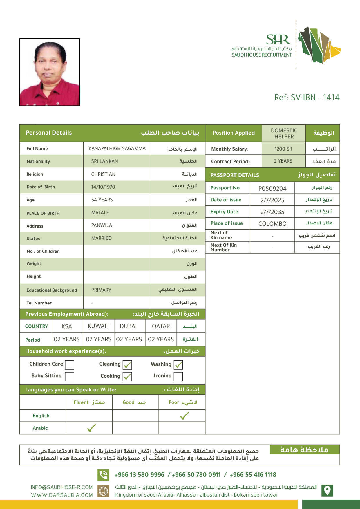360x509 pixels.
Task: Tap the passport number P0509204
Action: point(272,189)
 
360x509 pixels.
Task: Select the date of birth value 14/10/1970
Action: point(103,187)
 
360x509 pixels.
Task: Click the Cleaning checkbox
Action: point(127,365)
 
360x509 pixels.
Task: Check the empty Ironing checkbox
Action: point(178,376)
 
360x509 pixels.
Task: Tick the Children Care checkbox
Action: point(70,365)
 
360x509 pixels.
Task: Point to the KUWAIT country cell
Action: point(99,326)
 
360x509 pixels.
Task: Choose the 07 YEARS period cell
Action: point(99,339)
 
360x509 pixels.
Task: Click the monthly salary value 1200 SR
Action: point(283,149)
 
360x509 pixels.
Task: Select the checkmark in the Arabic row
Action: point(91,428)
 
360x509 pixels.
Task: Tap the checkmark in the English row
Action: point(184,416)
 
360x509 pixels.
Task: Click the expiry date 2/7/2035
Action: point(272,212)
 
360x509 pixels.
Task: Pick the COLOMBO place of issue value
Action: point(272,224)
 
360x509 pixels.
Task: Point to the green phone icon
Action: point(103,475)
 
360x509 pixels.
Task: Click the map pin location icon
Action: point(327,490)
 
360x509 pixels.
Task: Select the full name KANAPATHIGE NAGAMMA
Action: point(117,149)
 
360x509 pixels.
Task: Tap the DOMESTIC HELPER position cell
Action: point(284,133)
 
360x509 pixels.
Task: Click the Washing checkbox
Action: point(178,365)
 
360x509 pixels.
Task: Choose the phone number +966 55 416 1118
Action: point(253,475)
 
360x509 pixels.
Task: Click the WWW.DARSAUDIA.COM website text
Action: point(62,495)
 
